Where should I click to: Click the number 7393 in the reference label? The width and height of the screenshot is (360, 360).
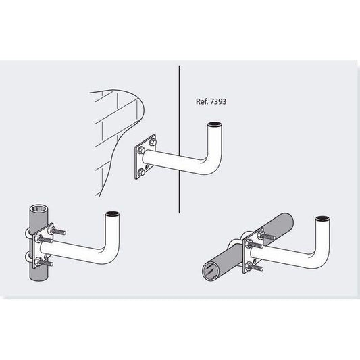217,101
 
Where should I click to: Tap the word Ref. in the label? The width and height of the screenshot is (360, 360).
201,101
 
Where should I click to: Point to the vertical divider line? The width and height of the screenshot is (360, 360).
179,139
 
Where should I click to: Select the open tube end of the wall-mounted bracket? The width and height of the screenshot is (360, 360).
215,125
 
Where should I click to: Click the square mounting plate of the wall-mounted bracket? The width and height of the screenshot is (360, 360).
146,157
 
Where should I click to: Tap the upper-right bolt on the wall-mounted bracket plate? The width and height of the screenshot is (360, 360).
153,143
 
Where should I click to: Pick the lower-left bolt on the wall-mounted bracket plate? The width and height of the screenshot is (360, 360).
141,172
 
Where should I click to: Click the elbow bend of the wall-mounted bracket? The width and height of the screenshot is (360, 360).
212,163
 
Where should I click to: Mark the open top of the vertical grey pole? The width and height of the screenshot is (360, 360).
38,209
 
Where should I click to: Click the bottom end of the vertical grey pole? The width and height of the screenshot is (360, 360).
38,277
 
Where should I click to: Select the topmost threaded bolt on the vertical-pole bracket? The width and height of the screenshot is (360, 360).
57,231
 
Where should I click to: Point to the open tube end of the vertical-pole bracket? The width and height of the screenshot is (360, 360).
113,213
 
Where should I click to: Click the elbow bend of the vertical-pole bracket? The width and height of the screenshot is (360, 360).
110,253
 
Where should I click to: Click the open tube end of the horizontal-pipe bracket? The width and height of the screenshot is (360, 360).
323,218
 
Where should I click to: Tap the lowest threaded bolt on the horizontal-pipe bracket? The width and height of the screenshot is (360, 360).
254,267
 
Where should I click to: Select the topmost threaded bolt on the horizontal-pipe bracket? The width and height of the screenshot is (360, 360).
266,236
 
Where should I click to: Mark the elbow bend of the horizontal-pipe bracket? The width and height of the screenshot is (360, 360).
320,257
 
